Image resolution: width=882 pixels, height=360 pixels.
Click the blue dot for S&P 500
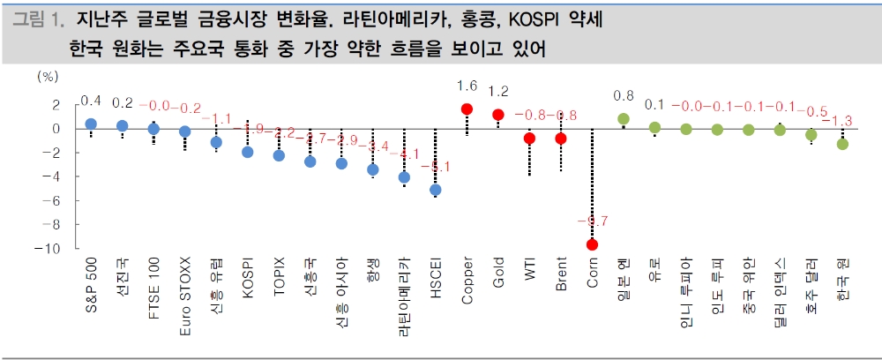[x=90, y=124]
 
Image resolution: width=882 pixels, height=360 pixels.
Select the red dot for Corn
[x=592, y=244]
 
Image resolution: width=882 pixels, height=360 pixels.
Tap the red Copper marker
[x=467, y=109]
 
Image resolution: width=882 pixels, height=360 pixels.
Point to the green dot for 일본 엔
[x=624, y=119]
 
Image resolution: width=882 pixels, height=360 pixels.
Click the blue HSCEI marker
[x=435, y=190]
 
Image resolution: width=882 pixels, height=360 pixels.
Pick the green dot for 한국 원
[x=842, y=144]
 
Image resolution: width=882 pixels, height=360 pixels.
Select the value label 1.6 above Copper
[x=467, y=86]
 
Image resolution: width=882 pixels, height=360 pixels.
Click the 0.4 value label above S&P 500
[x=90, y=100]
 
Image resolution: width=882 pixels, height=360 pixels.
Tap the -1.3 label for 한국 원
[x=842, y=119]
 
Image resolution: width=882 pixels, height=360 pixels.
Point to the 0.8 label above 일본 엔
[x=624, y=95]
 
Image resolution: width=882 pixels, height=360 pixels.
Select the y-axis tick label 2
[x=56, y=105]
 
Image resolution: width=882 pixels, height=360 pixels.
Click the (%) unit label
[x=46, y=78]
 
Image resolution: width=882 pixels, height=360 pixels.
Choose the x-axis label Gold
[x=498, y=274]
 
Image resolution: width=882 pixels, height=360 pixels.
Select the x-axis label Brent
[x=561, y=274]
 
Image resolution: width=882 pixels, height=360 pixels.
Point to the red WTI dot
[x=529, y=139]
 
